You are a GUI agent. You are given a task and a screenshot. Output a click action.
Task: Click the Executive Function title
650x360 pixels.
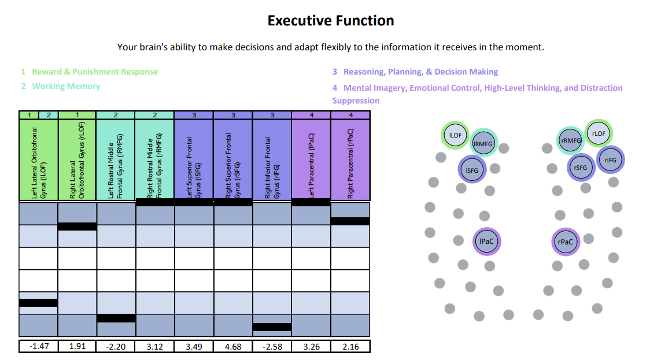point(331,21)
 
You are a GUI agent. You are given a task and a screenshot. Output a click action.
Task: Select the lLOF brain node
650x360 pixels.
point(455,135)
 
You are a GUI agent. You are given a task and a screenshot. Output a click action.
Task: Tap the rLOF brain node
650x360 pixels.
point(599,133)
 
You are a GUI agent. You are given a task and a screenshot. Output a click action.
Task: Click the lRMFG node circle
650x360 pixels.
point(483,143)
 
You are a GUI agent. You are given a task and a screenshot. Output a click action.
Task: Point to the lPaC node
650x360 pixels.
point(486,242)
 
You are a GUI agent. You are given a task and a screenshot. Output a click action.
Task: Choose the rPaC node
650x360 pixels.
point(566,242)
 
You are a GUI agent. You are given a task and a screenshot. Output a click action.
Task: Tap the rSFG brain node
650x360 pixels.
point(581,168)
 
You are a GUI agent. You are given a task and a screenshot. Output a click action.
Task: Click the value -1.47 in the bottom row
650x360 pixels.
point(38,347)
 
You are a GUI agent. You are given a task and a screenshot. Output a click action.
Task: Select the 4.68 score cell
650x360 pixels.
point(233,347)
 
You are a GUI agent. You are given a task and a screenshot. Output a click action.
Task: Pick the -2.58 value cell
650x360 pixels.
point(272,347)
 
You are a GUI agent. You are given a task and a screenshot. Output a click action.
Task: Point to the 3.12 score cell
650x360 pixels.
point(155,347)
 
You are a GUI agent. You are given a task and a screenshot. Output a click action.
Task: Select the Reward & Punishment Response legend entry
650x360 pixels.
point(94,72)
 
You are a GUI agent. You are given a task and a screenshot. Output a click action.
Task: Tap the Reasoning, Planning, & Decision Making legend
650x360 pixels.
point(420,72)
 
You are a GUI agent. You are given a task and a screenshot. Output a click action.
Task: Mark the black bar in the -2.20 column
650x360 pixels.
point(116,318)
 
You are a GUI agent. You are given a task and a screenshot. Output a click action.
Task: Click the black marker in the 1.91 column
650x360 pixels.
point(77,227)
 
